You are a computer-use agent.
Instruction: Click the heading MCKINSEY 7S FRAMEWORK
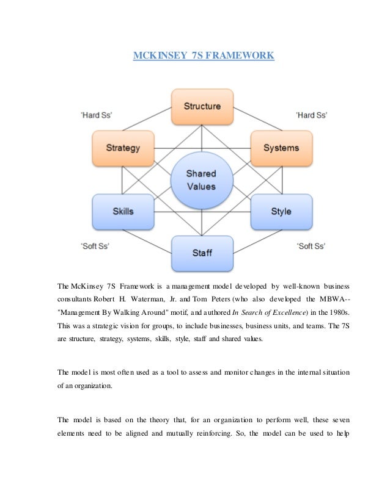point(204,57)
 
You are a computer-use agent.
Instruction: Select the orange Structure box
point(202,106)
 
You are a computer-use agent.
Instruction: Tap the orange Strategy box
point(122,148)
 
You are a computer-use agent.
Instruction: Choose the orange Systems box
point(281,148)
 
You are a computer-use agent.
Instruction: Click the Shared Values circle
point(201,180)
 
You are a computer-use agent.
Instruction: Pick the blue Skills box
point(123,211)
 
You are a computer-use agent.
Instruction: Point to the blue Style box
point(281,211)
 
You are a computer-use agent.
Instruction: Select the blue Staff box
point(202,253)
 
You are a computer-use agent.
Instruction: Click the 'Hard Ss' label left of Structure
point(96,115)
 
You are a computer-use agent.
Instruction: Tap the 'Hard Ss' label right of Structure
point(311,115)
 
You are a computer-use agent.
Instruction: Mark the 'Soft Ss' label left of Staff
point(95,246)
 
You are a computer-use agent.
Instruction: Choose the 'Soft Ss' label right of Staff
point(311,246)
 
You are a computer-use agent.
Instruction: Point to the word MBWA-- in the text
point(337,299)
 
